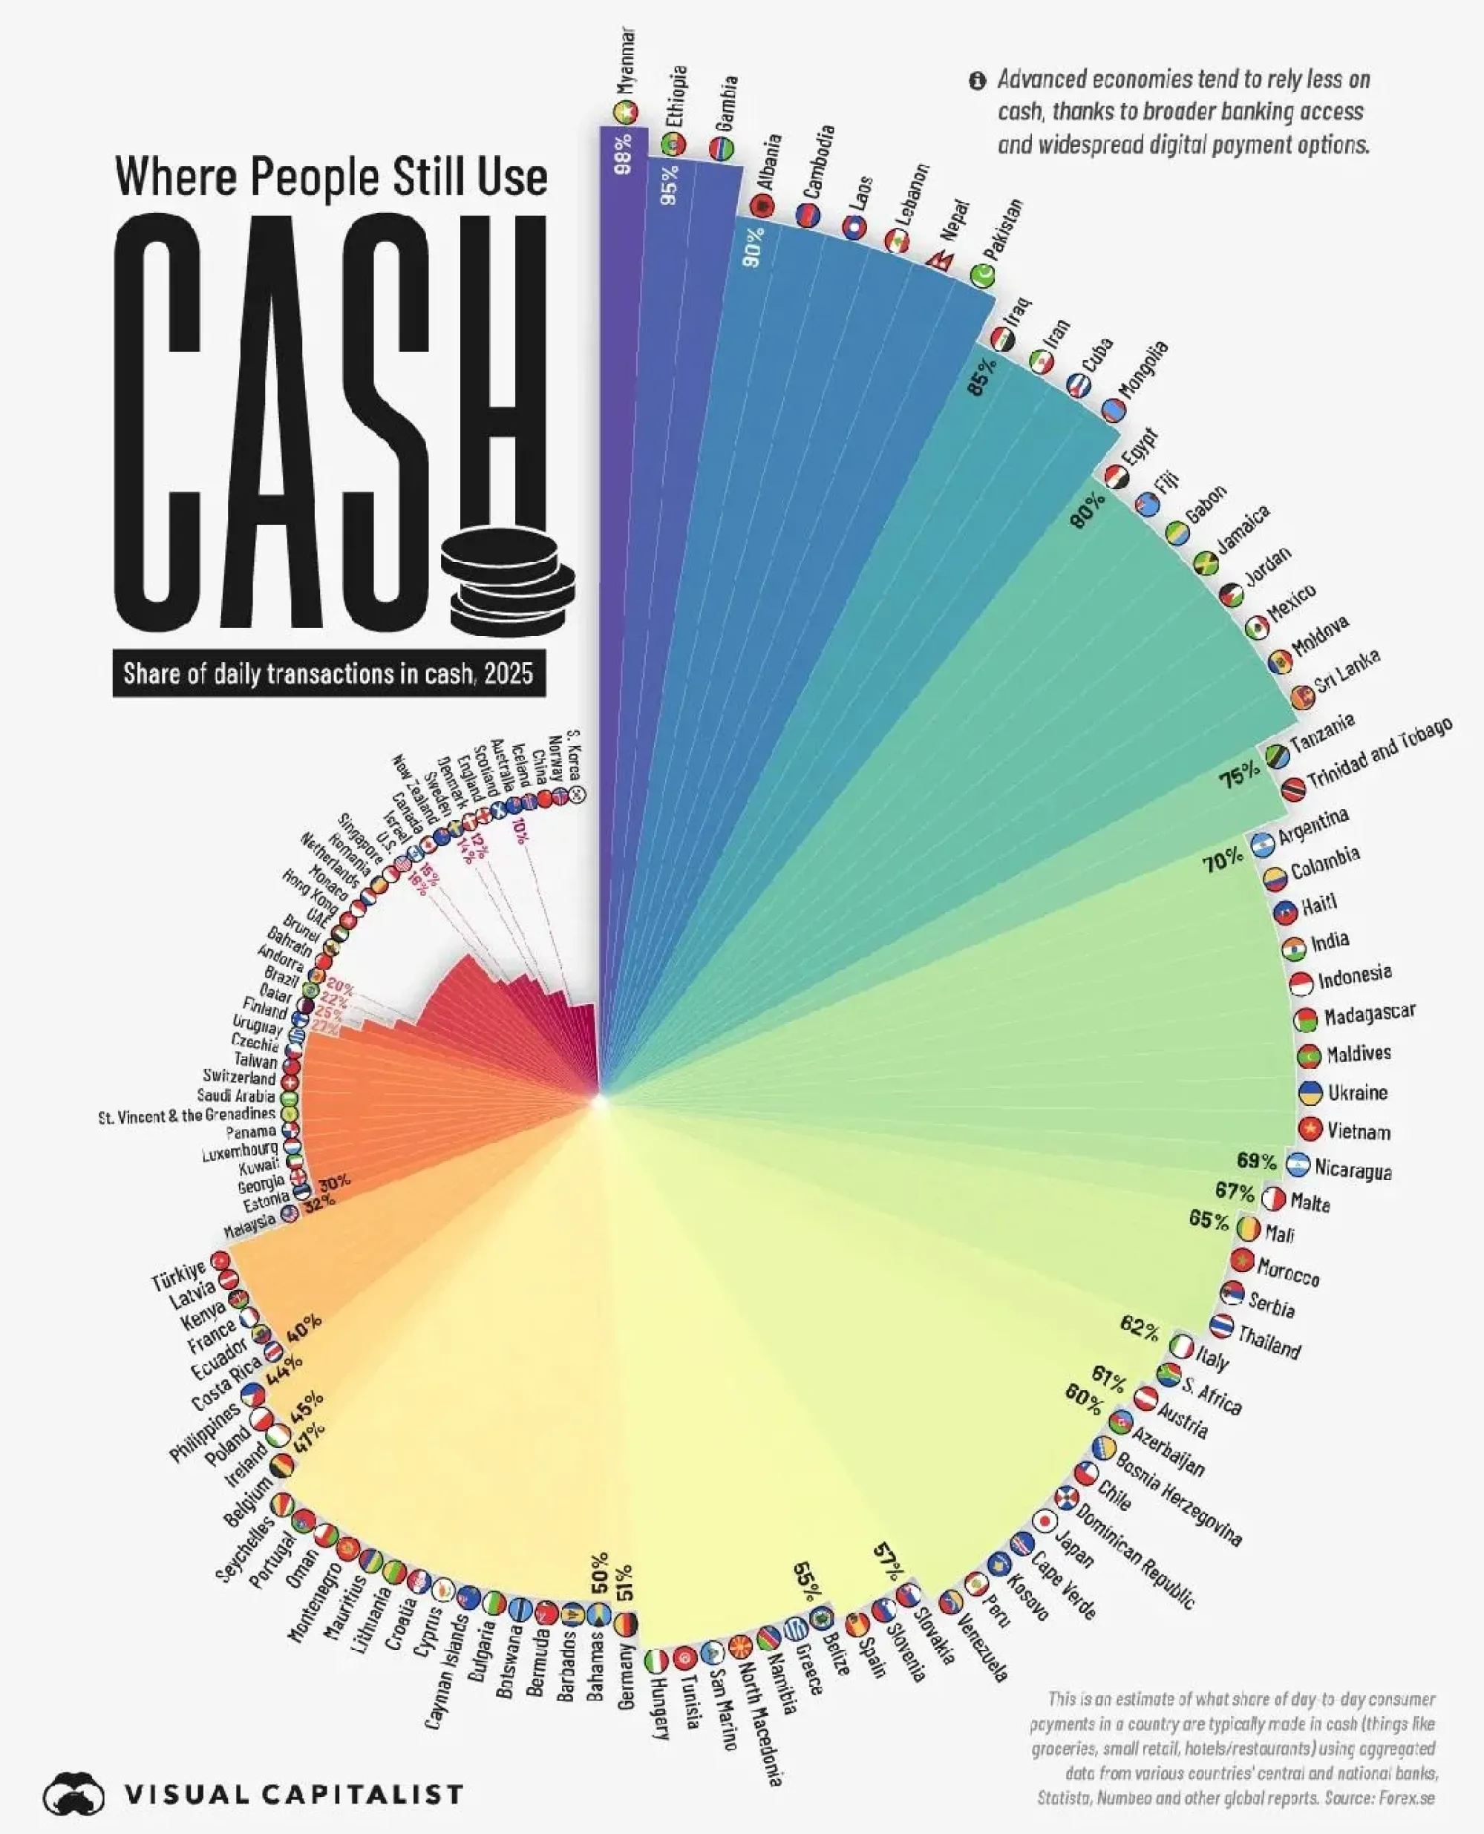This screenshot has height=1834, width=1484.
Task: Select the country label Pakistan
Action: point(1002,230)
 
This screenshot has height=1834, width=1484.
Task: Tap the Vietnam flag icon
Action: point(1310,1129)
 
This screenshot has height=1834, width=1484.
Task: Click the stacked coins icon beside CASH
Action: point(509,583)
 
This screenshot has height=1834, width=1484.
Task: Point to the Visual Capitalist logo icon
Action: point(73,1793)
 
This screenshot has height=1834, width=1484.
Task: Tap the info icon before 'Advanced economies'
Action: point(977,81)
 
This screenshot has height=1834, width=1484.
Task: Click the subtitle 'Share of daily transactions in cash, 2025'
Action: point(328,674)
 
